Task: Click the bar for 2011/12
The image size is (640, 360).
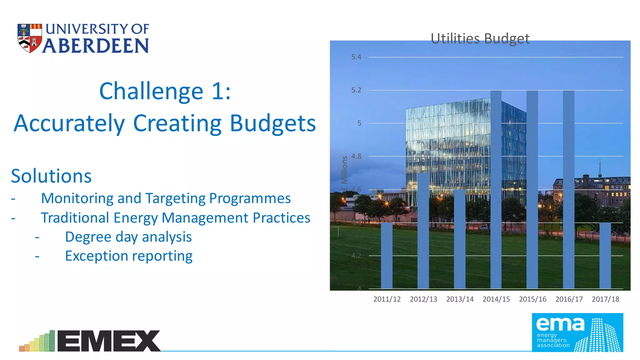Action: click(387, 255)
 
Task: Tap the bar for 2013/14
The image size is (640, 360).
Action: click(460, 239)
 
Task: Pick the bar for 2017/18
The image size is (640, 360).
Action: click(605, 255)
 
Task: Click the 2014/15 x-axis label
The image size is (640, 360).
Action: click(496, 299)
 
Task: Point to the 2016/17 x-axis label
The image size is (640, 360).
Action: click(569, 299)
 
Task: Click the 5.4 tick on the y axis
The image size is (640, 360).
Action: click(356, 57)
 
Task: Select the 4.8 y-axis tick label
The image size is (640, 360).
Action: click(356, 156)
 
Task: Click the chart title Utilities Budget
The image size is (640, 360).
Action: click(480, 39)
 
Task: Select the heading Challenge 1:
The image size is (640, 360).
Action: click(165, 91)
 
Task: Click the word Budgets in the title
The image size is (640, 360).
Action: click(272, 123)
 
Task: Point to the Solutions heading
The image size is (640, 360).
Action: click(51, 176)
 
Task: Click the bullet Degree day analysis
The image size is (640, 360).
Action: click(128, 237)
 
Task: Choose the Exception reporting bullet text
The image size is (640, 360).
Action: click(128, 256)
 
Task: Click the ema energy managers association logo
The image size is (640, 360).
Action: click(577, 332)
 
